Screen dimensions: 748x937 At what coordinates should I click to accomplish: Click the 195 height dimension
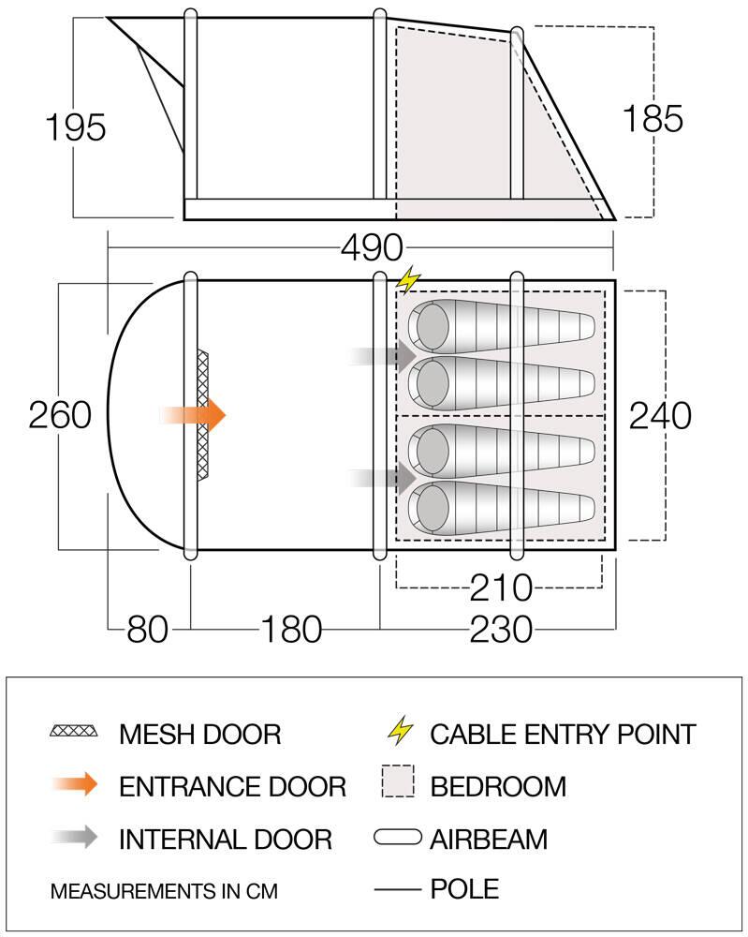[x=76, y=126]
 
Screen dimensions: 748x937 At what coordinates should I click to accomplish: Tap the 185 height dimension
[x=653, y=118]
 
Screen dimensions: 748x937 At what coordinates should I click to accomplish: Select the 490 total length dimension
[x=372, y=246]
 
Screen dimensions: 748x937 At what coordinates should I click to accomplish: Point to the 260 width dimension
[x=60, y=415]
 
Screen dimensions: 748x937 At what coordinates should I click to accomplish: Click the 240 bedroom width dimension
[x=660, y=415]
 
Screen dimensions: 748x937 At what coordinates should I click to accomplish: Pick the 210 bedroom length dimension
[x=501, y=587]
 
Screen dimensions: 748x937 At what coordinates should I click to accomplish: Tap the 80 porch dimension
[x=148, y=630]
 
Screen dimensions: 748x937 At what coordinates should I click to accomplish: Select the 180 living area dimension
[x=291, y=630]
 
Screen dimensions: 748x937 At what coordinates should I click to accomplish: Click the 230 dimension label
[x=501, y=630]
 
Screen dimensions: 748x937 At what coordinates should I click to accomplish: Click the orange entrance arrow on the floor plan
[x=192, y=415]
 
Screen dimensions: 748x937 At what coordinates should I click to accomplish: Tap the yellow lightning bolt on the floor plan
[x=408, y=279]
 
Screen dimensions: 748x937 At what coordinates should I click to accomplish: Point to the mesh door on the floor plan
[x=203, y=415]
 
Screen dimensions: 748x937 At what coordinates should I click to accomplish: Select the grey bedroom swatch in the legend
[x=398, y=781]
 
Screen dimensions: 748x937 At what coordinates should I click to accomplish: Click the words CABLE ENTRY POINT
[x=563, y=735]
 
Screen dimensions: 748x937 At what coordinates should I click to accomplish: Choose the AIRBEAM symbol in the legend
[x=398, y=837]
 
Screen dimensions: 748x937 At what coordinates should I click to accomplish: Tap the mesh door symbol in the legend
[x=74, y=731]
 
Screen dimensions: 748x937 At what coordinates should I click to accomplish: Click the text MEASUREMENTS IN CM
[x=164, y=891]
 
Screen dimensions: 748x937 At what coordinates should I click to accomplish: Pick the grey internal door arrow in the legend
[x=75, y=837]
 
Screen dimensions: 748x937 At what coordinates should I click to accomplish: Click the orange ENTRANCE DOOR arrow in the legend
[x=75, y=783]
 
